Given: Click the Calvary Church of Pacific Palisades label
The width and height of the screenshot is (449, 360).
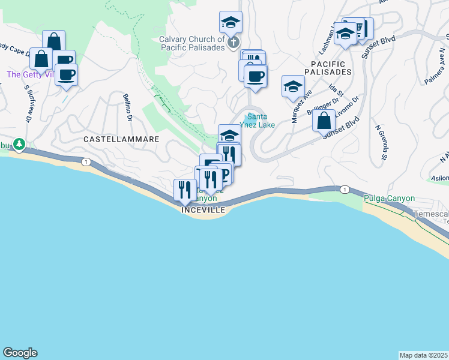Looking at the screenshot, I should (x=192, y=44).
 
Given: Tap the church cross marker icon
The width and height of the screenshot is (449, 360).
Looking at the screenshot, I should (x=234, y=42).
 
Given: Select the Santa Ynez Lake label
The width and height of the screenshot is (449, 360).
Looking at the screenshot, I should (x=258, y=121).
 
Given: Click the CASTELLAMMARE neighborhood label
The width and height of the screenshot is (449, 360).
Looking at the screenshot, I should (x=121, y=139).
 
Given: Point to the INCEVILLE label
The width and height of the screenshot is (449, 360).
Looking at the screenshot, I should (x=203, y=210).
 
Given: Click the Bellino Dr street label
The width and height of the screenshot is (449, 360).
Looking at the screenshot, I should (x=127, y=106).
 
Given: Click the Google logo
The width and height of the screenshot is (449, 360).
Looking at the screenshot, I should (x=20, y=353).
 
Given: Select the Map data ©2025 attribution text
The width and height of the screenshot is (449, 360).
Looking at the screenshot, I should (x=423, y=355).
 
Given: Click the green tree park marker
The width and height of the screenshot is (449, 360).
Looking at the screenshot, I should (x=19, y=144).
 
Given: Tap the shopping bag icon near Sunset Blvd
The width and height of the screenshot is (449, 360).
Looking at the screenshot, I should (x=324, y=120).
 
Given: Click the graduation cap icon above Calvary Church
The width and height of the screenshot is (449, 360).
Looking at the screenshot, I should (x=231, y=22).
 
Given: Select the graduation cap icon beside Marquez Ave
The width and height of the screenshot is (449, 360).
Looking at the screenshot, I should (x=293, y=86).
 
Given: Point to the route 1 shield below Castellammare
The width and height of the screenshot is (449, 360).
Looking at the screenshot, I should (x=86, y=162).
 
